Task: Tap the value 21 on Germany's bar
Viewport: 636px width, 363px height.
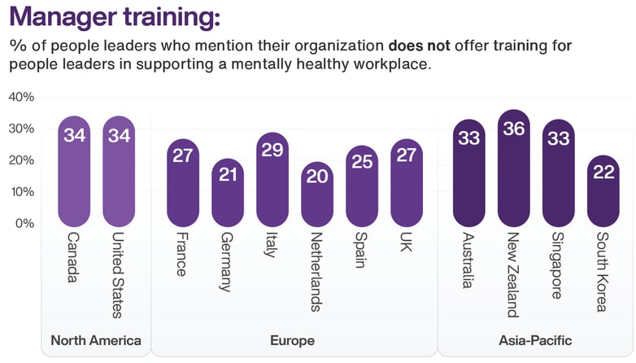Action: click(228, 175)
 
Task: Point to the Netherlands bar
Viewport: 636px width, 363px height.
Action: click(317, 194)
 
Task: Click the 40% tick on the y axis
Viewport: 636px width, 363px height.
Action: click(20, 97)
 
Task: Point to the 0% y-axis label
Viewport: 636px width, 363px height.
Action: click(24, 223)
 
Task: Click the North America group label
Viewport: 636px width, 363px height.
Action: click(96, 340)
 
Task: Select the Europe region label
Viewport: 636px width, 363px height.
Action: click(294, 340)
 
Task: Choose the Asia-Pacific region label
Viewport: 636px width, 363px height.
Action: click(536, 340)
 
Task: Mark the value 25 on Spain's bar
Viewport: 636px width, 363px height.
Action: click(362, 162)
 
